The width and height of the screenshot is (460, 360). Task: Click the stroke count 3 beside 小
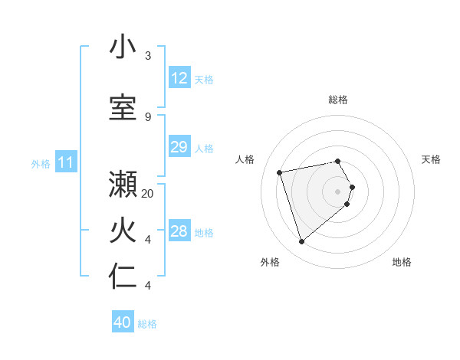tap(148, 56)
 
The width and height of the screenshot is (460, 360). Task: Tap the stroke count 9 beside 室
tap(148, 116)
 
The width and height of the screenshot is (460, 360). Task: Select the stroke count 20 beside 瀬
tap(148, 193)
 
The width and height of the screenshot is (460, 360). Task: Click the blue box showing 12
tap(179, 78)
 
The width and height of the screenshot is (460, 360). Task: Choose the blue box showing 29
tap(179, 147)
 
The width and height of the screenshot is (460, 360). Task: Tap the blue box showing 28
tap(179, 231)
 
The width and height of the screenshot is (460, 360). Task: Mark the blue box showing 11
tap(66, 162)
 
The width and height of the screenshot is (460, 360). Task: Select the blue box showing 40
tap(123, 322)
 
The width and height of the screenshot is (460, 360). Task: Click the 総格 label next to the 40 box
tap(148, 324)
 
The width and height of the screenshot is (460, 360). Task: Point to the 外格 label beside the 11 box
tap(40, 164)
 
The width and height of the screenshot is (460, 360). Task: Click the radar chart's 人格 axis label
tap(245, 159)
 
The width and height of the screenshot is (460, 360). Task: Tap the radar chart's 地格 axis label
tap(402, 262)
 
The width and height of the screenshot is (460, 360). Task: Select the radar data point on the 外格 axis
tap(302, 242)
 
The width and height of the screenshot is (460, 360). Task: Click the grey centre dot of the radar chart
tap(337, 191)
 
